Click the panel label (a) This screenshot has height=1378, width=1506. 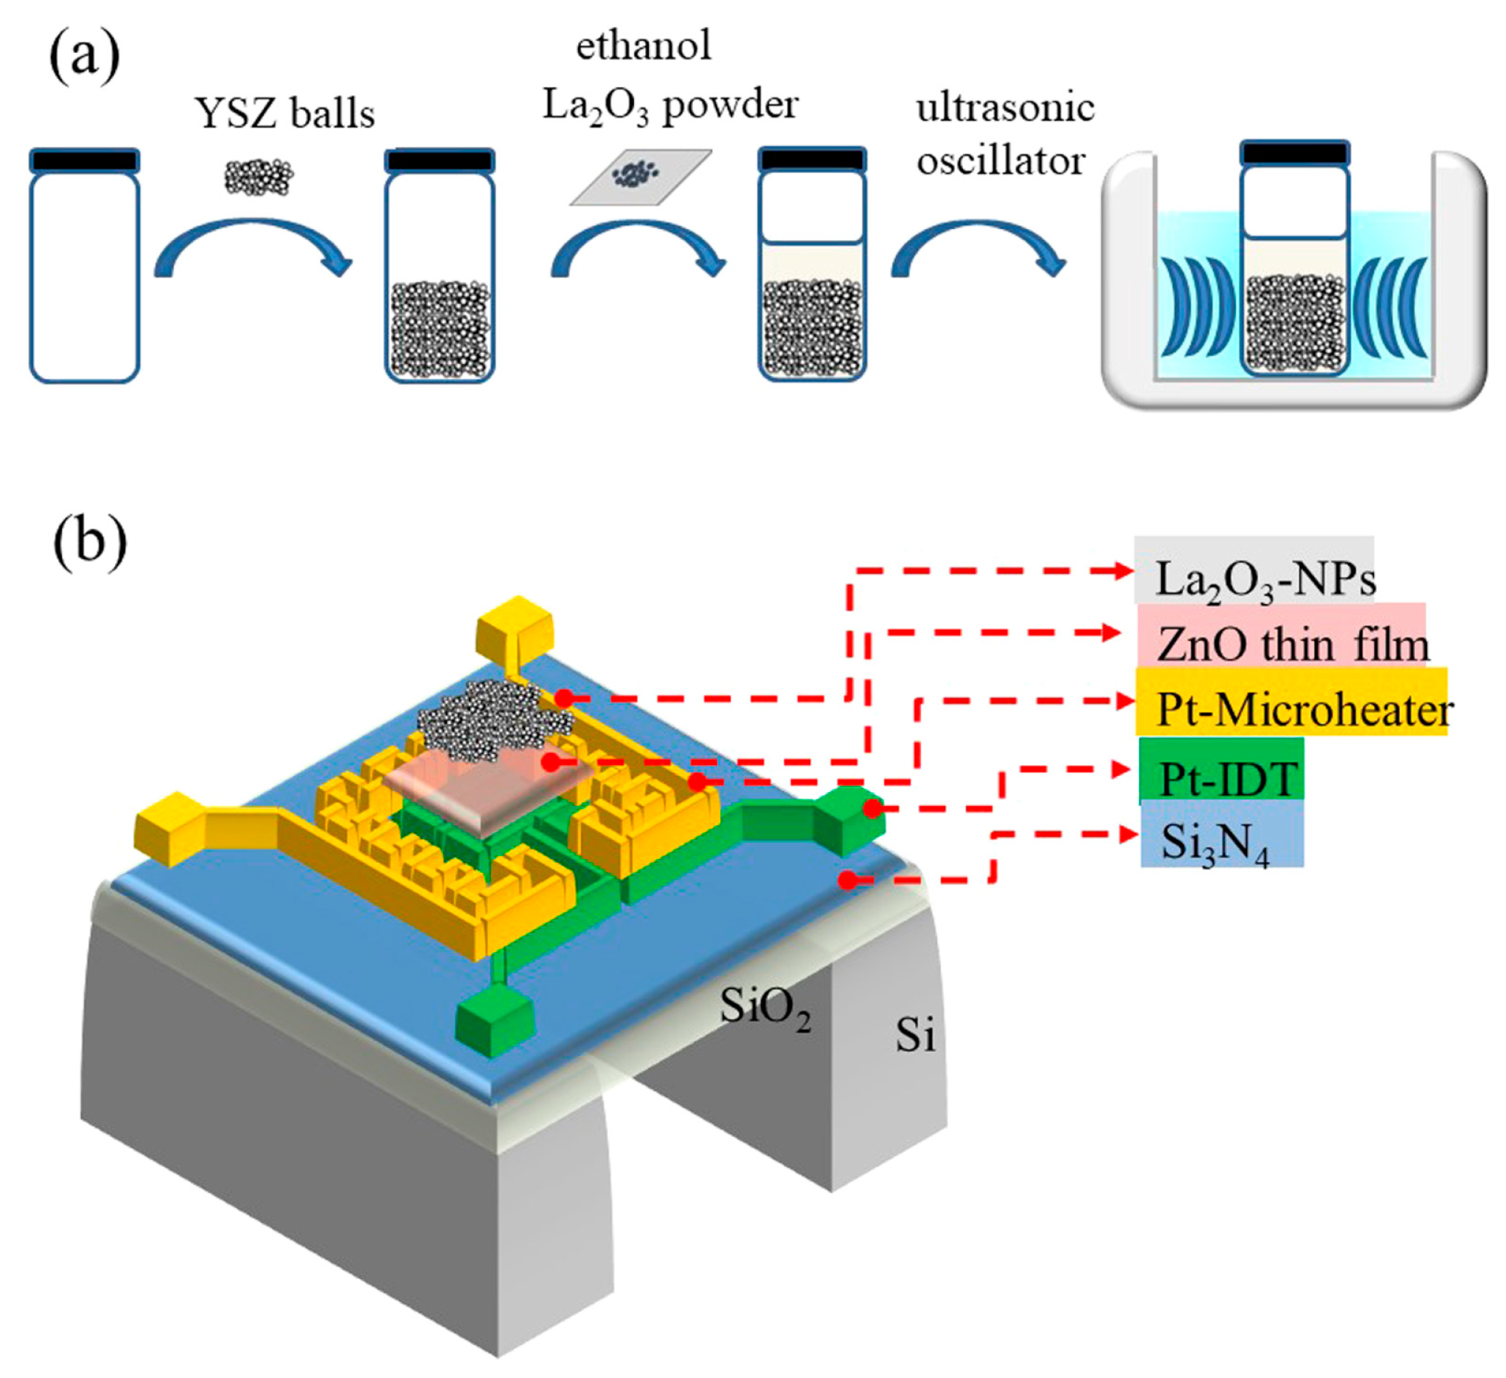point(84,58)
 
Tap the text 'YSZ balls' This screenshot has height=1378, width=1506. point(285,114)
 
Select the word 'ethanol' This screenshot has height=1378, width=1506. point(643,45)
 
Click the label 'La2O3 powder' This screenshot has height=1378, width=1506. point(669,105)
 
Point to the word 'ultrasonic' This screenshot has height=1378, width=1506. point(1005,108)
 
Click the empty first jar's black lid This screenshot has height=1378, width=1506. point(84,160)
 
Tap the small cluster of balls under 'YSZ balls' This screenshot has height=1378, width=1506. point(260,177)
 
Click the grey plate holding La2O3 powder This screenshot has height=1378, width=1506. point(640,177)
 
